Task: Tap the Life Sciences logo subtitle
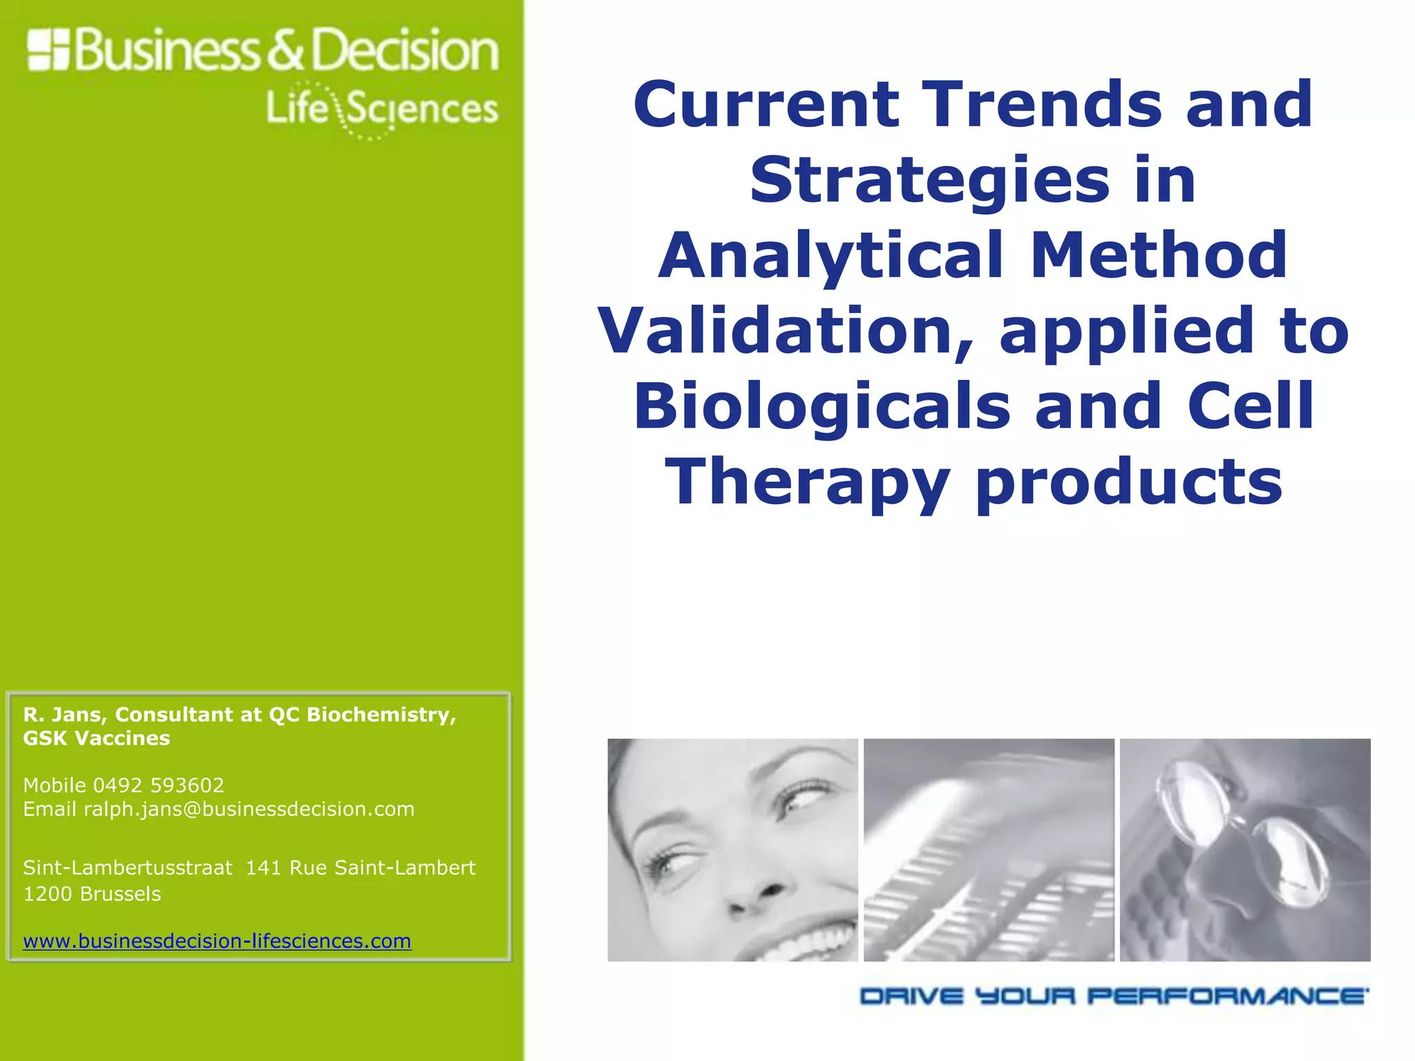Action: coord(381,110)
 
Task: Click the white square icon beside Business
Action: coord(48,50)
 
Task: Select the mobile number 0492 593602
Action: coord(158,785)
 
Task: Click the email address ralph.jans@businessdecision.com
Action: coord(249,809)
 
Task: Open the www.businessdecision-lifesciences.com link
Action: coord(217,941)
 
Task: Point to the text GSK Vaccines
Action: coord(97,738)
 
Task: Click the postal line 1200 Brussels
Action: coord(92,894)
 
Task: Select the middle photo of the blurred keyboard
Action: coord(989,850)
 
